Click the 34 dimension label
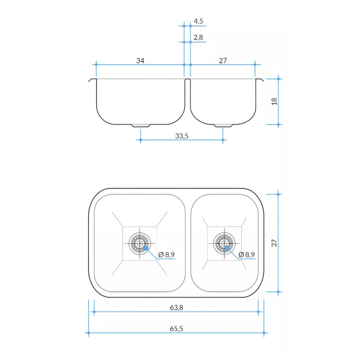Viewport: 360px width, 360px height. pos(140,61)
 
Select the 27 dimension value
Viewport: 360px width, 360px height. pos(223,61)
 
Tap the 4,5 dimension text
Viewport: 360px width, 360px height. pos(198,21)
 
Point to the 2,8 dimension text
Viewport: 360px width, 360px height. pos(198,37)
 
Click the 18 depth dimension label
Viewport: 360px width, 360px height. pos(274,101)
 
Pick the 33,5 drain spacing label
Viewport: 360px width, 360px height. pos(182,135)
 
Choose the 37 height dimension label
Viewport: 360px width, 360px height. pos(274,243)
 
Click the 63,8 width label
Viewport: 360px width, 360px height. pos(176,308)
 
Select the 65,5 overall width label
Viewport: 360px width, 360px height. pos(176,328)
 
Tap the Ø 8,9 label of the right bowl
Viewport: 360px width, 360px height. pos(247,255)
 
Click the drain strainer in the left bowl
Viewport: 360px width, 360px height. pos(139,244)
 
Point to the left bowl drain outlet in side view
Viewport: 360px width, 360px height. pos(140,126)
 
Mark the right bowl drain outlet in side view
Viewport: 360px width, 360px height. pos(223,126)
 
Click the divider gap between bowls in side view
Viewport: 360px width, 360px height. pos(187,85)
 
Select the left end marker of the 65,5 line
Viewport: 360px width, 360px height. pos(89,333)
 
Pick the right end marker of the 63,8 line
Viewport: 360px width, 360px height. pos(258,311)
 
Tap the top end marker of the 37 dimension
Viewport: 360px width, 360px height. pos(279,194)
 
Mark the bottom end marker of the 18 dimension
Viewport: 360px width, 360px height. pos(279,124)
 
